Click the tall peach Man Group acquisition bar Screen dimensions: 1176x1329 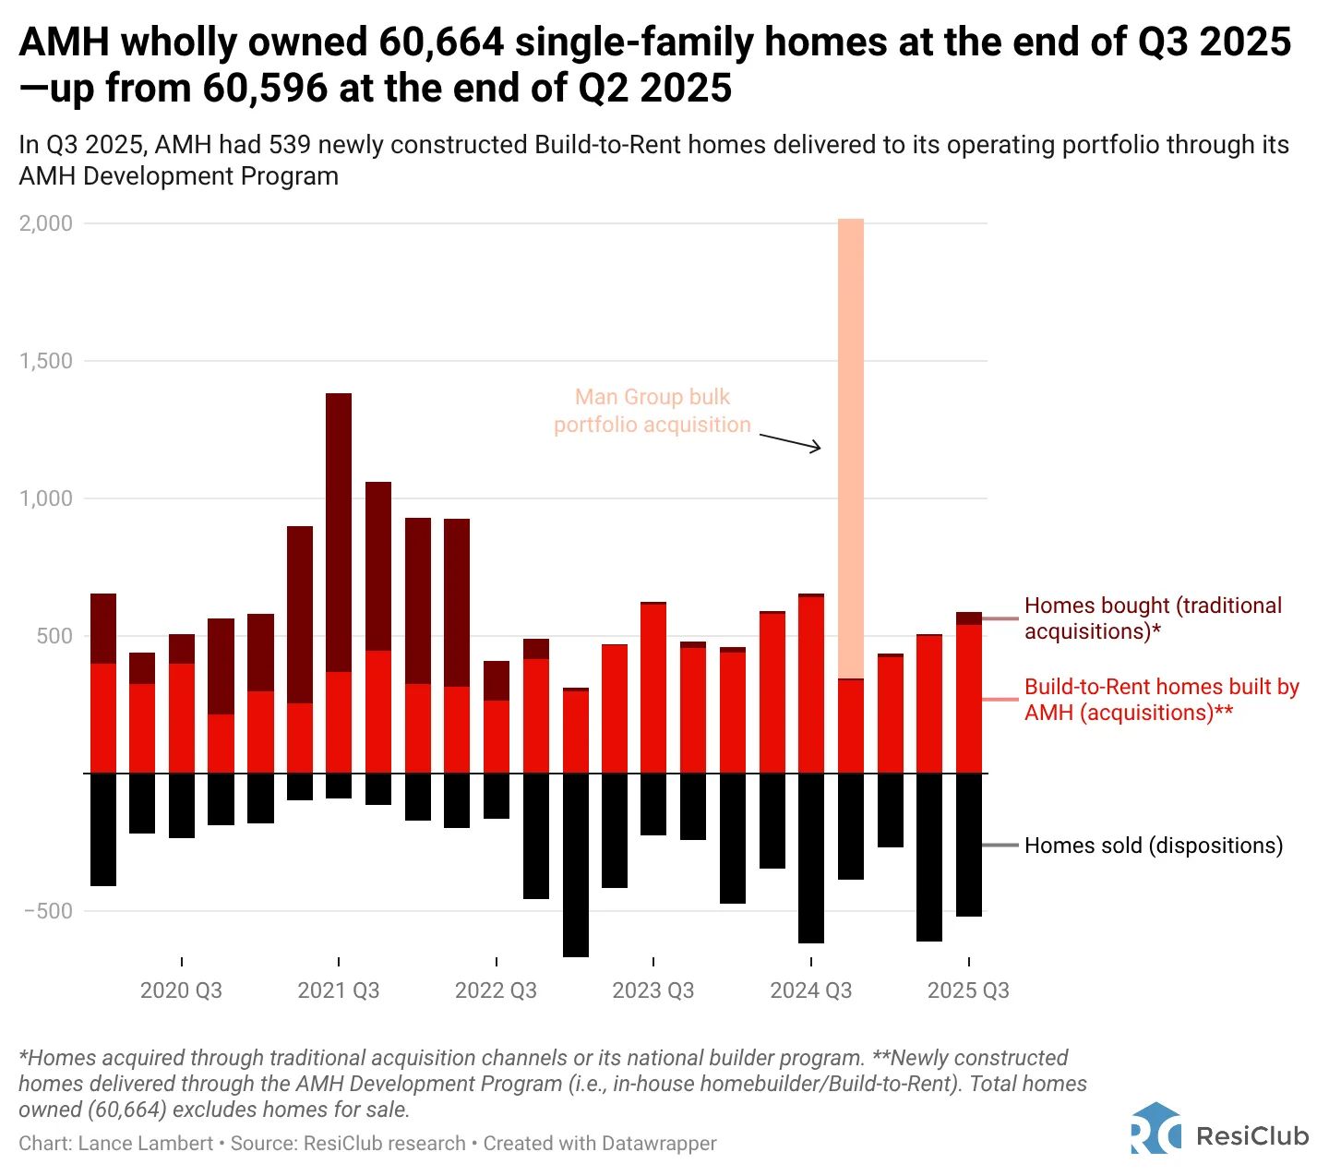coord(850,448)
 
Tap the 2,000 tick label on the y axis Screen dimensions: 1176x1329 coord(45,223)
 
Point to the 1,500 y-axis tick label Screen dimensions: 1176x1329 coord(45,361)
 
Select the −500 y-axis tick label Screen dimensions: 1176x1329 coord(48,911)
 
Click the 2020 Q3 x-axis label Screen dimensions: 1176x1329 coord(181,990)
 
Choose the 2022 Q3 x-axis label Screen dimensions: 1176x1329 coord(496,990)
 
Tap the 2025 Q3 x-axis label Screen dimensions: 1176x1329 coord(968,990)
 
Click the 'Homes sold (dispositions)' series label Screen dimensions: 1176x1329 coord(1154,846)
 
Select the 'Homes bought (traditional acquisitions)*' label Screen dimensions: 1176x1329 coord(1153,618)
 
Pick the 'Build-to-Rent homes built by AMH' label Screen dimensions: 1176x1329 coord(1161,700)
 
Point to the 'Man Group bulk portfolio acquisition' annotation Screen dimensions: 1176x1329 coord(653,411)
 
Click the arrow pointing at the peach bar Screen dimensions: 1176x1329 coord(790,440)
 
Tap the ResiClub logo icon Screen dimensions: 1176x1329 coord(1155,1128)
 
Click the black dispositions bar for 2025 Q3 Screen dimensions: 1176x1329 coord(968,845)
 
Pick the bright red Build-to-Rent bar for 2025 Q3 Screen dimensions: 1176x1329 coord(968,699)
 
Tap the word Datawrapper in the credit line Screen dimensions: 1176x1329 coord(658,1144)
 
